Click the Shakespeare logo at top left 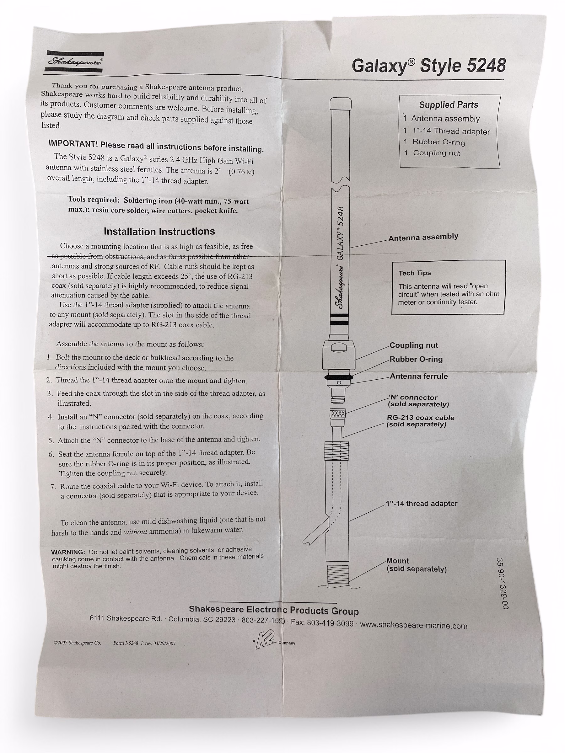pyautogui.click(x=74, y=61)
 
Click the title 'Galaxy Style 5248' pyautogui.click(x=428, y=66)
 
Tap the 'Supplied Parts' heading pyautogui.click(x=449, y=105)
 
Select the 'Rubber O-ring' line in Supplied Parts pyautogui.click(x=438, y=142)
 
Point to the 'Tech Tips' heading pyautogui.click(x=414, y=273)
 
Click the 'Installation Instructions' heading pyautogui.click(x=159, y=232)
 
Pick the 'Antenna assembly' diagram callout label pyautogui.click(x=423, y=237)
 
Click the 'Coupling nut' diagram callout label pyautogui.click(x=413, y=345)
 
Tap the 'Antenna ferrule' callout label pyautogui.click(x=418, y=376)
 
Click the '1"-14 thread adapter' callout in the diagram pyautogui.click(x=422, y=504)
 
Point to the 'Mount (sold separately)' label pyautogui.click(x=416, y=565)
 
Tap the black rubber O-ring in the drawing pyautogui.click(x=339, y=377)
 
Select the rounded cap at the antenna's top pyautogui.click(x=341, y=103)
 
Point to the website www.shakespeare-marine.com pyautogui.click(x=413, y=625)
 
